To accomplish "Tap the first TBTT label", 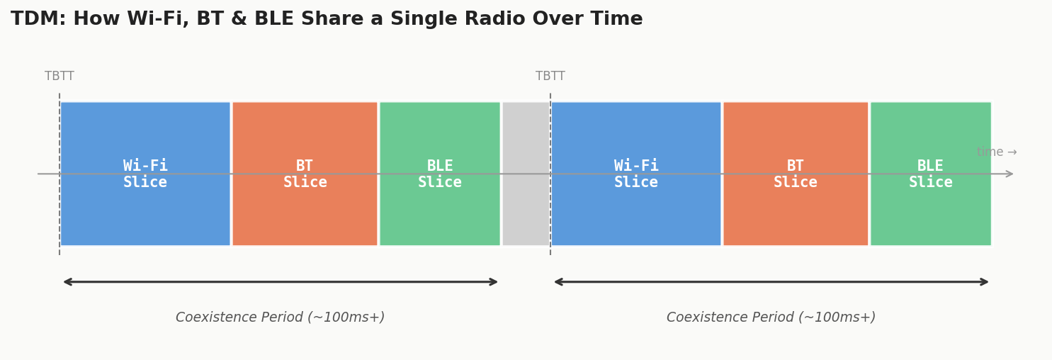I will click(x=60, y=77).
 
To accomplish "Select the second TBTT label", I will click(x=550, y=77).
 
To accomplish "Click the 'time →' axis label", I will click(x=996, y=152).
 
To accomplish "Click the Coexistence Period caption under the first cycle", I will click(x=280, y=317).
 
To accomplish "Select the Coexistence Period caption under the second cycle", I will click(x=771, y=317).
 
